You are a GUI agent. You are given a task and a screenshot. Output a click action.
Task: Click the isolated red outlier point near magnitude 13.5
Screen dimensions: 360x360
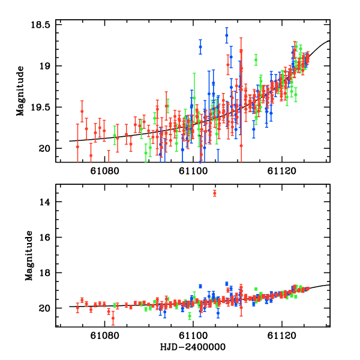point(215,193)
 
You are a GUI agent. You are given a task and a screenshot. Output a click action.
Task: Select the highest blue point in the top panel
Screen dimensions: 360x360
point(226,35)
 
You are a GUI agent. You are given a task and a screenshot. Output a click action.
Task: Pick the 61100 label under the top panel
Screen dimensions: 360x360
point(194,171)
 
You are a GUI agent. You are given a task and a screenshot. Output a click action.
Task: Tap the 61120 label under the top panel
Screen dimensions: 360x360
point(282,171)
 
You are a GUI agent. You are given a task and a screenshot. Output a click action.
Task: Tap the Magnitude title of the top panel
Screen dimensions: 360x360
point(20,92)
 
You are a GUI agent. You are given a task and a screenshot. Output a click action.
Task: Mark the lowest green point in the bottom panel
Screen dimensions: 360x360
point(190,316)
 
